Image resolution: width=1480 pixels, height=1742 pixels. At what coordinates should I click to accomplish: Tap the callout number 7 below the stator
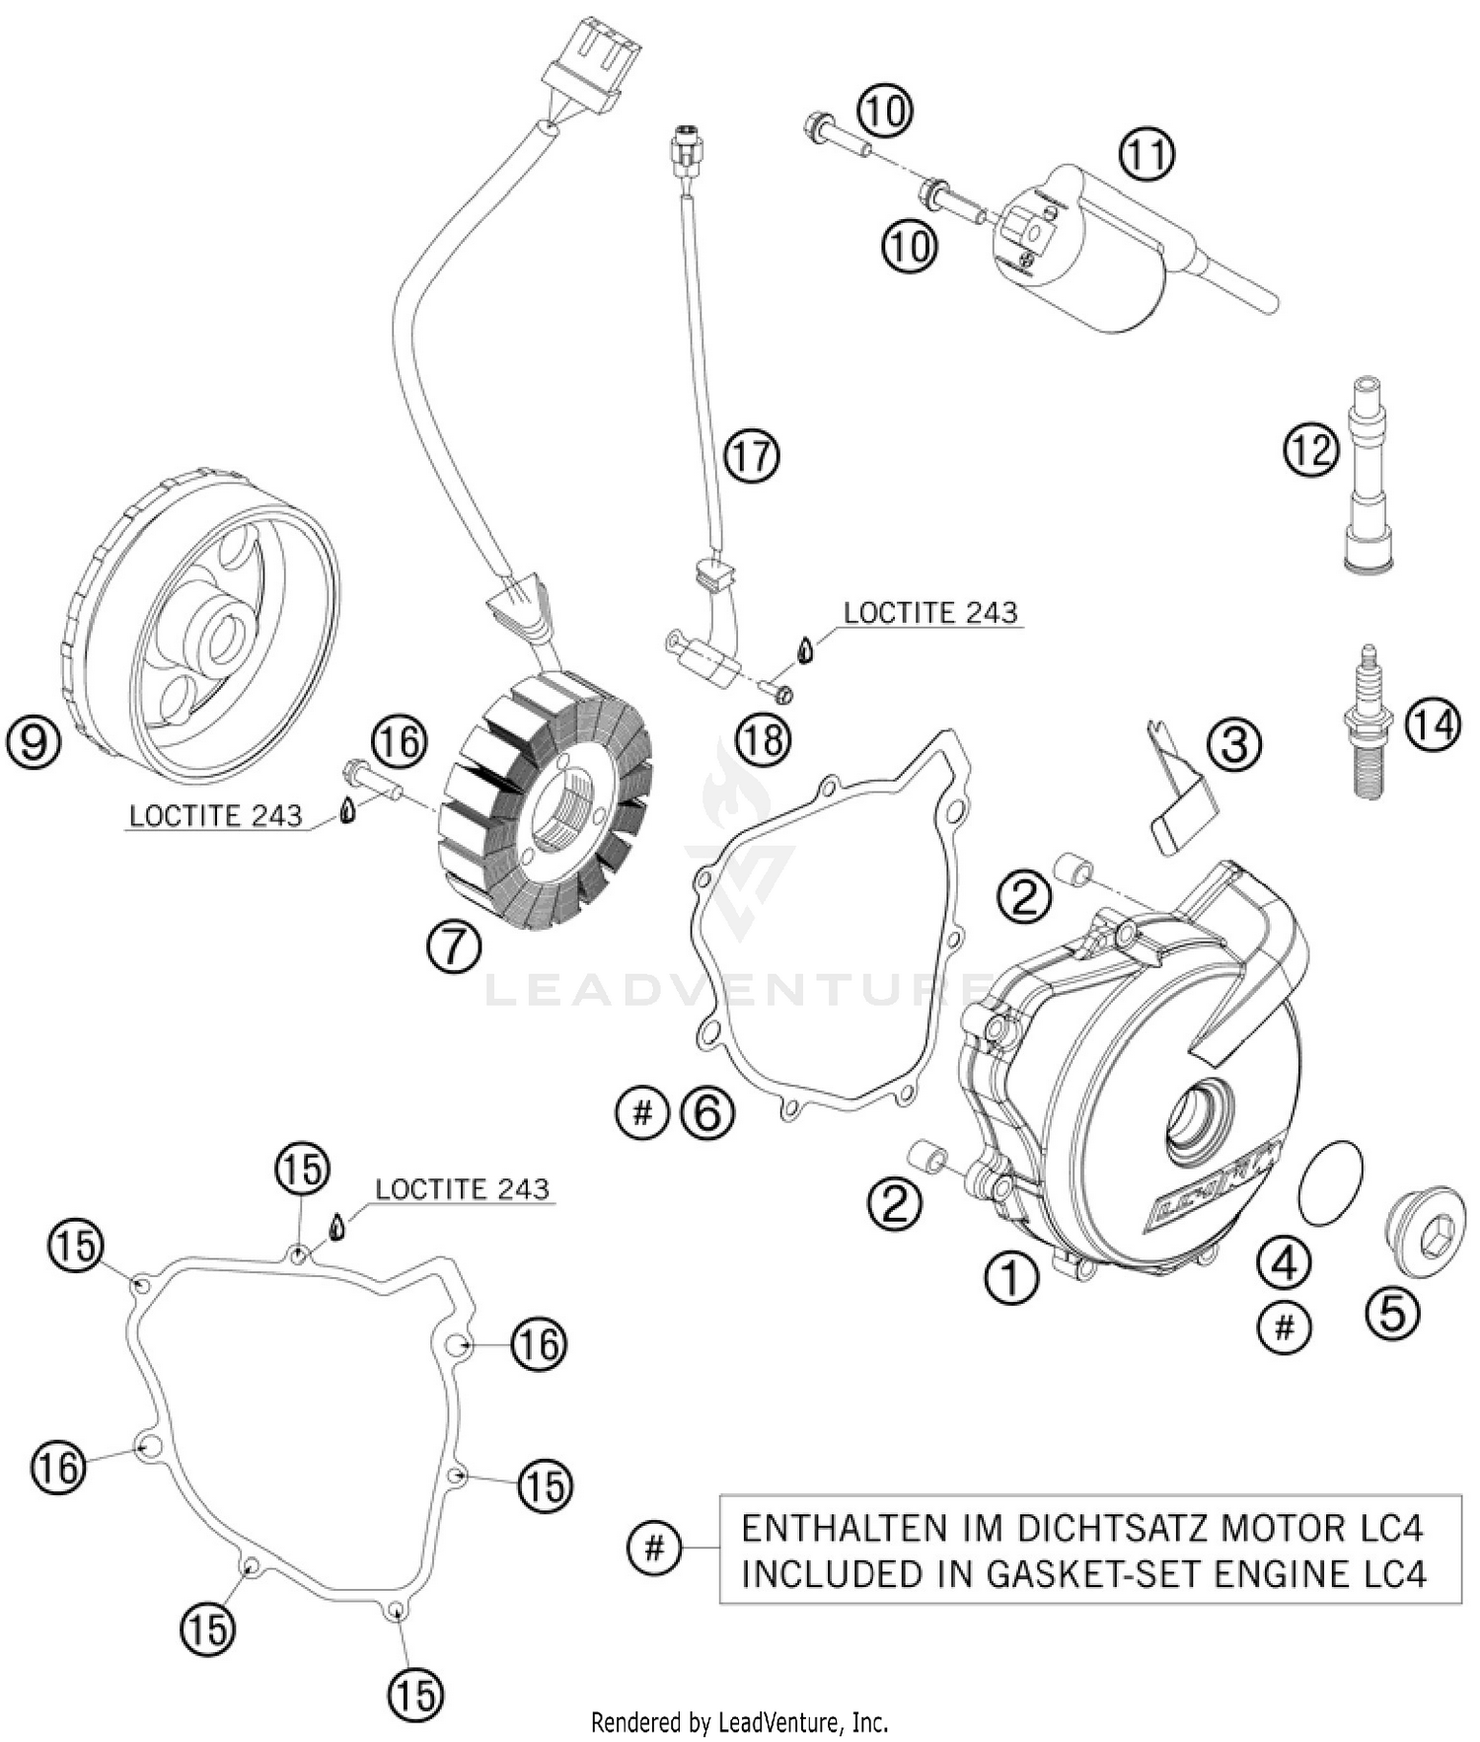coord(454,947)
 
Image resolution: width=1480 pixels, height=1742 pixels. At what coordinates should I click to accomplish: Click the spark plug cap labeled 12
coord(1368,474)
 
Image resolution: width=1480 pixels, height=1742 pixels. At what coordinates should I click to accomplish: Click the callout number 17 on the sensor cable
coord(752,458)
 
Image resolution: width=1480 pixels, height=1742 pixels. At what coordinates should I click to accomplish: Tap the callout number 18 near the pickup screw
coord(764,739)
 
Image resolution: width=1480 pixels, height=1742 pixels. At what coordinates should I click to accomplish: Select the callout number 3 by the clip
coord(1235,744)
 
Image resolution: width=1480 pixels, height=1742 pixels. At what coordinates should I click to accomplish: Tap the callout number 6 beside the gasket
coord(707,1113)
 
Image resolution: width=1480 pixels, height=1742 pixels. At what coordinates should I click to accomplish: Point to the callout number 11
coord(1147,155)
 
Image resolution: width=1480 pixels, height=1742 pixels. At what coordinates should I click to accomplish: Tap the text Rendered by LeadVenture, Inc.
coord(739,1723)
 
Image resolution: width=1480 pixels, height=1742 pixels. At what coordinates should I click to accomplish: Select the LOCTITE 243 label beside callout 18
coord(929,613)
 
